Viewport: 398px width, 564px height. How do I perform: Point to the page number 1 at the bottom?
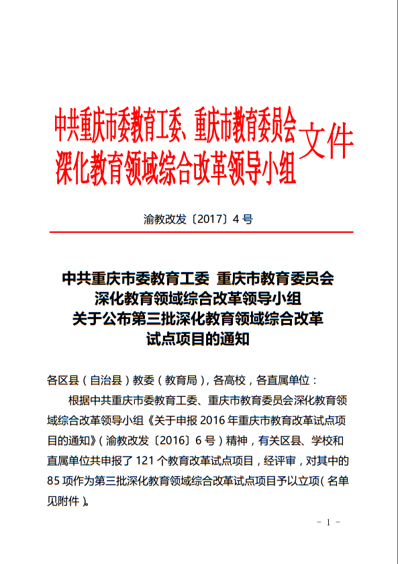coord(328,522)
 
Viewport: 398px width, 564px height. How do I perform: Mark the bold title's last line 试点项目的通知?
coord(199,339)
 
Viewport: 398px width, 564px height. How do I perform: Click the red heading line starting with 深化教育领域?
coord(176,167)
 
